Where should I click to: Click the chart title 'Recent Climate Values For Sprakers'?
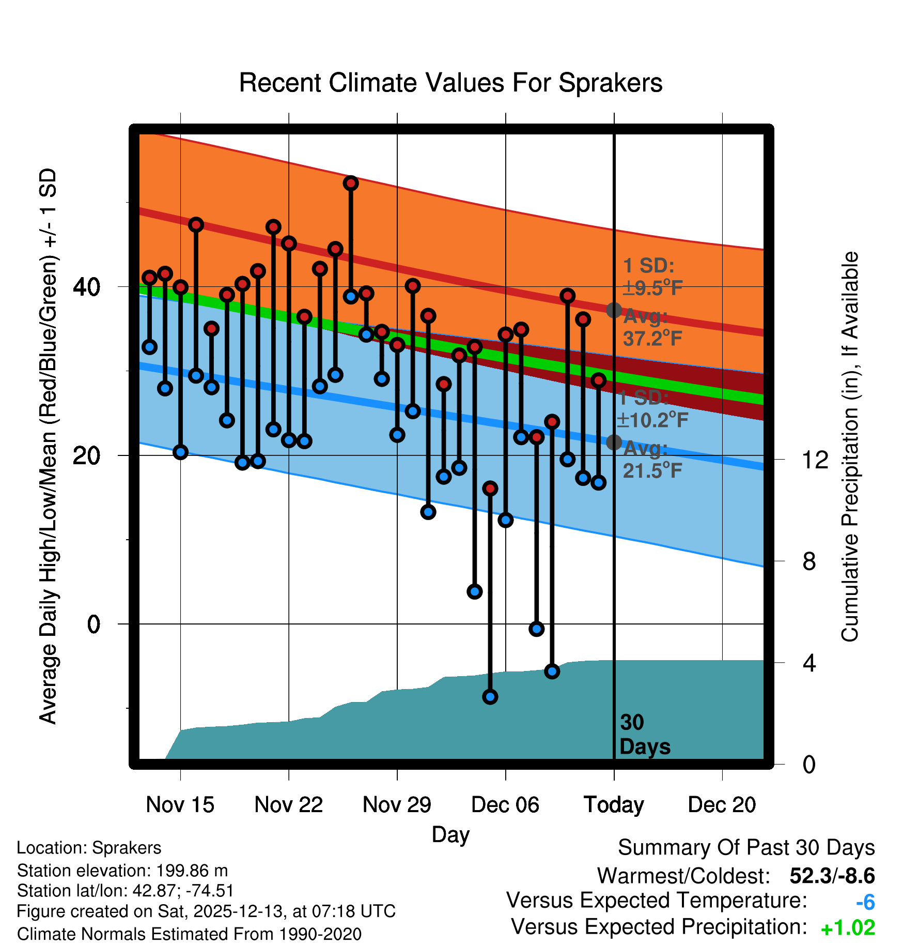coord(450,83)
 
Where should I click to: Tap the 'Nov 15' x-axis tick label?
coord(180,805)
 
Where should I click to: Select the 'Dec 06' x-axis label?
coord(505,805)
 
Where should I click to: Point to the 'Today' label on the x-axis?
coord(614,805)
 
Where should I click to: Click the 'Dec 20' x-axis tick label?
coord(722,805)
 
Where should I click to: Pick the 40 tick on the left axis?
coord(86,287)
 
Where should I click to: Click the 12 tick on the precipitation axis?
coord(815,460)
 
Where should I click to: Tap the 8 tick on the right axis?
coord(809,561)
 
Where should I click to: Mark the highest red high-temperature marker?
coord(351,183)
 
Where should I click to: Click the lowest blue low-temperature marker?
coord(490,697)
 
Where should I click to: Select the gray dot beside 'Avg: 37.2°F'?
coord(614,310)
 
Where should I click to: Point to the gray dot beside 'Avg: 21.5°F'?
coord(614,442)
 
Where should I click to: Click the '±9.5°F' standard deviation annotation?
coord(653,287)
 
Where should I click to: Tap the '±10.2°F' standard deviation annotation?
coord(653,420)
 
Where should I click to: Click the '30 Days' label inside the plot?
coord(644,735)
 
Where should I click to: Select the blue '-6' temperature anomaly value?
coord(865,903)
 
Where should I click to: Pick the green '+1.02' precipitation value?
coord(848,928)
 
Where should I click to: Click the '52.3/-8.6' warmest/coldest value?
coord(832,876)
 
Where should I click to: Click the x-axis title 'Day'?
coord(450,834)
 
